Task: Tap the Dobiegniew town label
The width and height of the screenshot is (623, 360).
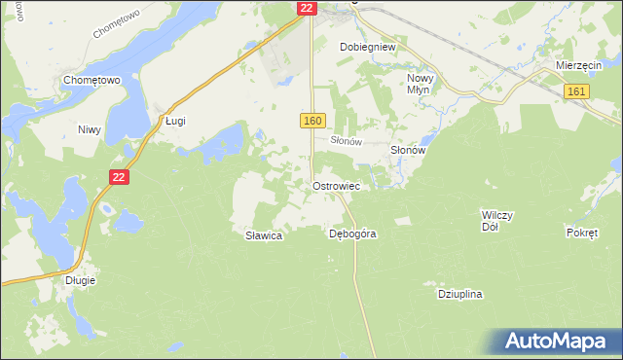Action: click(366, 46)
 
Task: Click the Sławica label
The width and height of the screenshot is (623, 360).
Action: click(263, 235)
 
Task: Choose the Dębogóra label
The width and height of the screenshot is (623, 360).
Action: click(352, 234)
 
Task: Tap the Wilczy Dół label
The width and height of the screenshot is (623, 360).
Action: click(496, 220)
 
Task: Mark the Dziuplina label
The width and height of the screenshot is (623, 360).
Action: click(460, 293)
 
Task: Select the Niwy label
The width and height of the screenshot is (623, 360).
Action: click(90, 128)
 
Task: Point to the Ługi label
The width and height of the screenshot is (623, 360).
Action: click(174, 121)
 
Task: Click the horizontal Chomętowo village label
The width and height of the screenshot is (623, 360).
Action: click(91, 80)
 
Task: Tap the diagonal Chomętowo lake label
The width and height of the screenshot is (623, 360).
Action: click(118, 19)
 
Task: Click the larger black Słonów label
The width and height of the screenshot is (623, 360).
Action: click(409, 151)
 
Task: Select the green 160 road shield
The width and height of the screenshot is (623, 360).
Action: click(311, 120)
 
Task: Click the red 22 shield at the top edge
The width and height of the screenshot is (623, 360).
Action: click(307, 8)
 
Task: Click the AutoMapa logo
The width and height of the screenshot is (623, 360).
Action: click(559, 341)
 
